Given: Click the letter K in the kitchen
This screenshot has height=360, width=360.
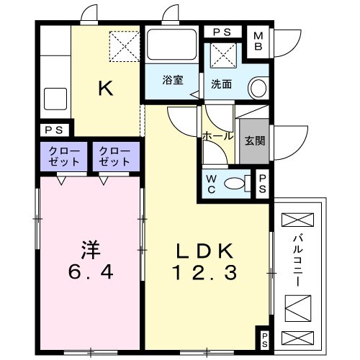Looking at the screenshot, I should coord(105,89).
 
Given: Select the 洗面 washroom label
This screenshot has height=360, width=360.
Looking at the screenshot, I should coord(221,83).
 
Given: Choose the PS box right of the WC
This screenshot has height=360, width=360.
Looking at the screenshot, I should coord(263,183).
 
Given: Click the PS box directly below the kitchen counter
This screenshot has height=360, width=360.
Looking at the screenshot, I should coord(52,130).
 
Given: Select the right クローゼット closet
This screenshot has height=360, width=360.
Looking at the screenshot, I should coord(114,156).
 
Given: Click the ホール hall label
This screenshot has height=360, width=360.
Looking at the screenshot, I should coord(217,136).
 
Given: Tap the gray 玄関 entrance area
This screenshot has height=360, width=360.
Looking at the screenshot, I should coord(254,140).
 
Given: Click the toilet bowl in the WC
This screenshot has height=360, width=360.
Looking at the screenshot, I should coord(235,184).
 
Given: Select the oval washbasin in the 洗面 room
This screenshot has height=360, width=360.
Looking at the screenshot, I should coord(257,88).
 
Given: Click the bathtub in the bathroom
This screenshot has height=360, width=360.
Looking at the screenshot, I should coord(172,46).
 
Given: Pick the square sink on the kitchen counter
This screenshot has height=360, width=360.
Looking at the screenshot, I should coord(55,98).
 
